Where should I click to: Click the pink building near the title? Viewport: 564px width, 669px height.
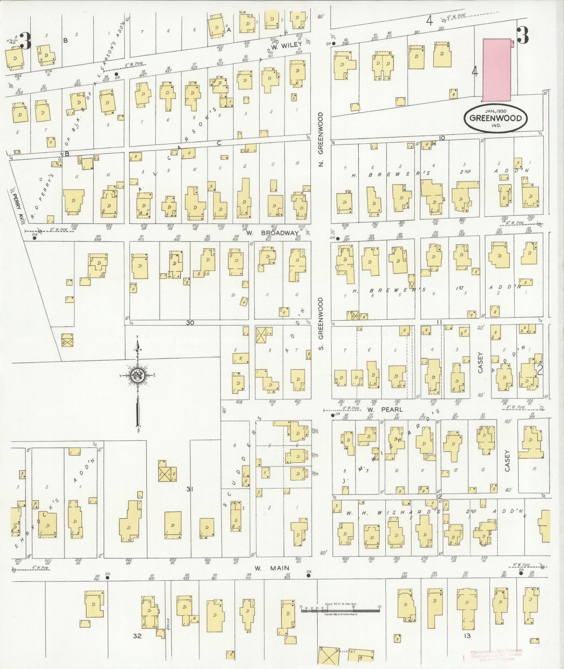click(497, 69)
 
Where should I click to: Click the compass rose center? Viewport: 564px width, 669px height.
click(137, 375)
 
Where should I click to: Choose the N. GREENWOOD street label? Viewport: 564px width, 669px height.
click(321, 139)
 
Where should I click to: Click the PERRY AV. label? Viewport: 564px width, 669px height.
click(16, 205)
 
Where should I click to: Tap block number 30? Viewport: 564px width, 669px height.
click(190, 322)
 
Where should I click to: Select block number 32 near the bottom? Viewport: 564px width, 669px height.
click(137, 636)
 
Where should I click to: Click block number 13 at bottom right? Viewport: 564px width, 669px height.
click(467, 635)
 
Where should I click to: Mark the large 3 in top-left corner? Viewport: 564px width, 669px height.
click(25, 41)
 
